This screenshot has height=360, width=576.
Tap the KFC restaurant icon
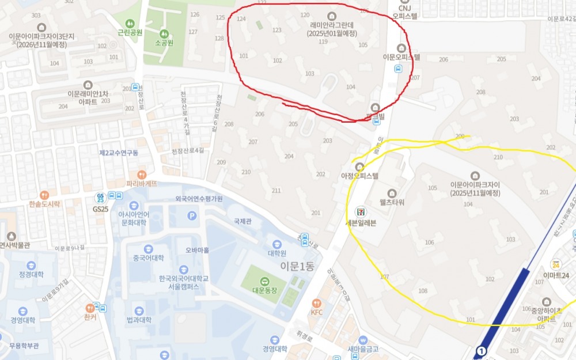point(316,303)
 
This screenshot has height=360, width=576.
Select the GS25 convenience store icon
point(101,198)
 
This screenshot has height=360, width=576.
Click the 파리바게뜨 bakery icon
point(142,175)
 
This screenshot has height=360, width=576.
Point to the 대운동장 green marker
point(264,281)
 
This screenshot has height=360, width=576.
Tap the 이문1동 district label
point(297,267)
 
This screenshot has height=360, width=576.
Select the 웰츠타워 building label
point(392,202)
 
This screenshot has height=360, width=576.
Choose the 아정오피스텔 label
point(359,176)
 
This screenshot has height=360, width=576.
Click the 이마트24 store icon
point(555,264)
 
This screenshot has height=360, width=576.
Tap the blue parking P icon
point(192,216)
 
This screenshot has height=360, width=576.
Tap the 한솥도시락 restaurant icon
point(44,195)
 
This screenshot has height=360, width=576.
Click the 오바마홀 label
point(197,250)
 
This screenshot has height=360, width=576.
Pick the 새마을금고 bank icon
point(363,340)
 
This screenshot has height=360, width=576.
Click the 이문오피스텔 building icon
point(401,48)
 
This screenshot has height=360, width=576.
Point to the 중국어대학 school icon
point(148,249)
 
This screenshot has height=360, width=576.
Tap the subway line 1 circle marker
point(481,350)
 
